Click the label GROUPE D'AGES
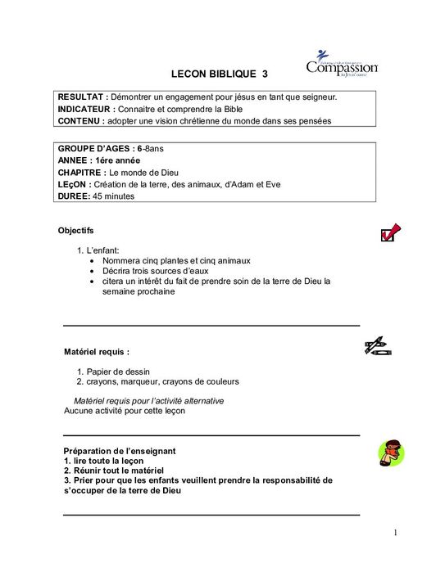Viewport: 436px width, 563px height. pyautogui.click(x=95, y=150)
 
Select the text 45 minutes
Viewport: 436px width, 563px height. pyautogui.click(x=114, y=196)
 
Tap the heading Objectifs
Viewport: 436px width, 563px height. pyautogui.click(x=76, y=232)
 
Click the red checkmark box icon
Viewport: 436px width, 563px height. pyautogui.click(x=390, y=234)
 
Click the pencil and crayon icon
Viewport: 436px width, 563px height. pyautogui.click(x=378, y=346)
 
